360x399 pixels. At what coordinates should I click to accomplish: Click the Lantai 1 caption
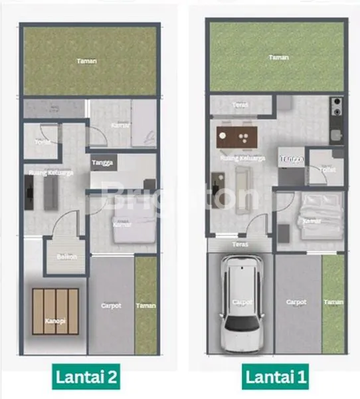click(276, 378)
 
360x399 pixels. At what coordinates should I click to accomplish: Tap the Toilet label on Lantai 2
click(43, 142)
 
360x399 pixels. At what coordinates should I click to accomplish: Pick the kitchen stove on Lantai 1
click(336, 106)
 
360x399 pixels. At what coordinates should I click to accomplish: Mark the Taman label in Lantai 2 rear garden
click(86, 61)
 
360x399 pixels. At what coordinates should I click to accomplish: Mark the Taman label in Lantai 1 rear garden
click(278, 58)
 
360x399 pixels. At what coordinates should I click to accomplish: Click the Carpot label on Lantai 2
click(110, 307)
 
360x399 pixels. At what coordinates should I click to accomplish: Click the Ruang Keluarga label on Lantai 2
click(50, 173)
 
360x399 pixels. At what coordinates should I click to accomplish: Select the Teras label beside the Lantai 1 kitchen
click(240, 104)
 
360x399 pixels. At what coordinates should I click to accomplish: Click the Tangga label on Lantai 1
click(291, 158)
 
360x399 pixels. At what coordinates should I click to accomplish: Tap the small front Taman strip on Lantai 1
click(333, 302)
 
